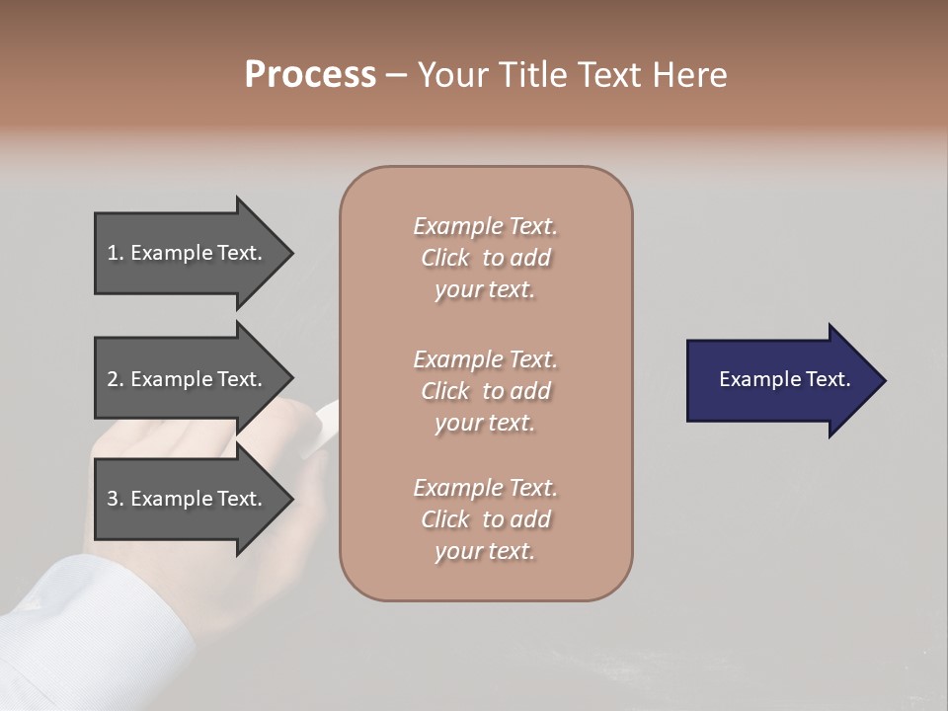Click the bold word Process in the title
click(310, 75)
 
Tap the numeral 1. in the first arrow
click(116, 253)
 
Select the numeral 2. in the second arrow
click(116, 379)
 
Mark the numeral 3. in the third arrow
click(116, 499)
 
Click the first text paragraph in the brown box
click(485, 258)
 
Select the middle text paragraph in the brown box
click(485, 391)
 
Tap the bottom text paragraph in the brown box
click(485, 519)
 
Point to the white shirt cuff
click(89, 632)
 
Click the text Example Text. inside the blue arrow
click(785, 379)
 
